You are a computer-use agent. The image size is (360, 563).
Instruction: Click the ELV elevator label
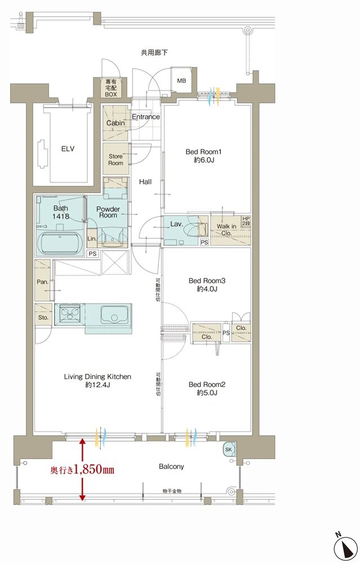(68, 149)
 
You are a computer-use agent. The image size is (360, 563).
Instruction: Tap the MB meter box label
(181, 81)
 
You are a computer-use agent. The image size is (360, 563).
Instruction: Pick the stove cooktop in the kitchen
(70, 315)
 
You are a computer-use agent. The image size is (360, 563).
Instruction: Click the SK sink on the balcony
(229, 449)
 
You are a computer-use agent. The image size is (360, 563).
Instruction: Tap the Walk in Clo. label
(226, 230)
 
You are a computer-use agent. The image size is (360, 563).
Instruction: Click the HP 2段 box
(246, 221)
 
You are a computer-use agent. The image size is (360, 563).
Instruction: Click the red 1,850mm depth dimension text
(82, 470)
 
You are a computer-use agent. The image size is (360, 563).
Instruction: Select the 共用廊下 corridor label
(154, 53)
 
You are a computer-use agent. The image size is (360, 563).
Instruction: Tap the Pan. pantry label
(42, 282)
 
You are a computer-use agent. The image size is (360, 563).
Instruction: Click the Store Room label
(115, 159)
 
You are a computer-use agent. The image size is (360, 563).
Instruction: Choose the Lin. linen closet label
(92, 238)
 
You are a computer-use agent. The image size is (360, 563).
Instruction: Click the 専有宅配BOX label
(111, 88)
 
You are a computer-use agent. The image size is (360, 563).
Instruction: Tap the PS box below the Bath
(93, 253)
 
